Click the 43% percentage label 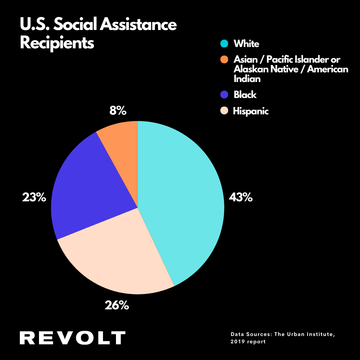(x=241, y=197)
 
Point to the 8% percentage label (x=118, y=111)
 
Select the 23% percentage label (x=34, y=197)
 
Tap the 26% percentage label (x=117, y=305)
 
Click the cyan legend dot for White (x=224, y=44)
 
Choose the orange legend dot (x=224, y=60)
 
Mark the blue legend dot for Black (x=224, y=95)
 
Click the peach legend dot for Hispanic (x=224, y=111)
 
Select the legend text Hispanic (x=251, y=111)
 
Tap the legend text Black (x=245, y=95)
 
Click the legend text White (x=246, y=44)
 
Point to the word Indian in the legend (x=247, y=79)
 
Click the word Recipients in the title (x=57, y=43)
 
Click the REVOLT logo (x=72, y=338)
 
